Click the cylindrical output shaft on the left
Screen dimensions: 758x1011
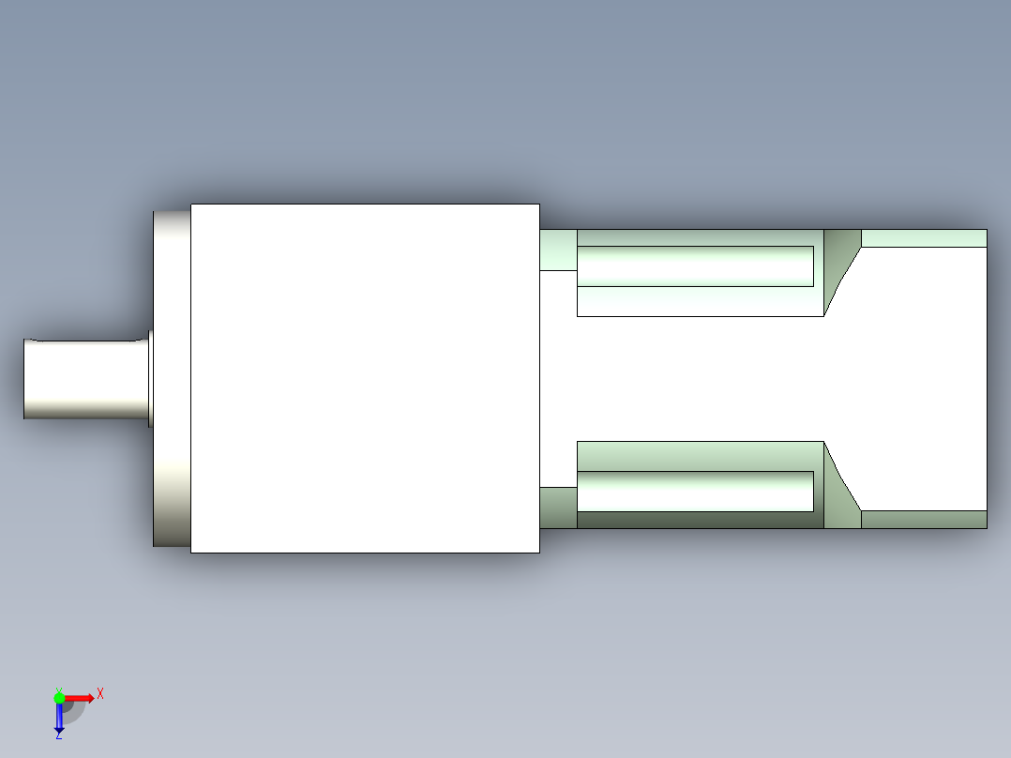(84, 379)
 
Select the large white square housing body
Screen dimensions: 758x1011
(365, 378)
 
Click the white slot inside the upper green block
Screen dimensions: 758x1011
(694, 266)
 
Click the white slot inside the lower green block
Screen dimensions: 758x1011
(694, 492)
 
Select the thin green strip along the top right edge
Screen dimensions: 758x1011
(924, 237)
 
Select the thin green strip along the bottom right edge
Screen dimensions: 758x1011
(924, 520)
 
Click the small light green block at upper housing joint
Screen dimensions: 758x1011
(558, 250)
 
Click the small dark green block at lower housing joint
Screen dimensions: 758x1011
(558, 508)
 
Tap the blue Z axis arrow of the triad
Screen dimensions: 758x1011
(59, 718)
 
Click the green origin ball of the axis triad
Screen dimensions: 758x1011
(59, 697)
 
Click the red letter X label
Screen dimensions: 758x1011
(100, 693)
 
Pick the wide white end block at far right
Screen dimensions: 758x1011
(924, 378)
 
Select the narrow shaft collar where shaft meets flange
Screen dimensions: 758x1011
(150, 378)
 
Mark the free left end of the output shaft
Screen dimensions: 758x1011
(26, 379)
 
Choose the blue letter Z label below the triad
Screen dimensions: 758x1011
(58, 736)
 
